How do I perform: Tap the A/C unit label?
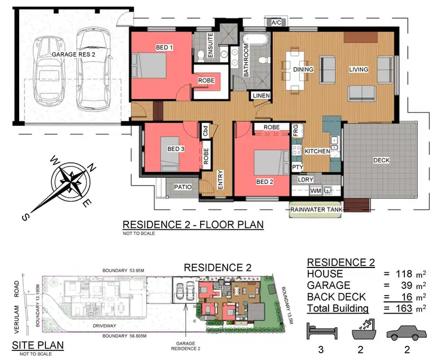[277, 23]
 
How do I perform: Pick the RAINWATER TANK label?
[316, 210]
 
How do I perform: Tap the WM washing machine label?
[315, 191]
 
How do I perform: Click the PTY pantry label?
[297, 167]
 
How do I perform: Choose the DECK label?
[382, 161]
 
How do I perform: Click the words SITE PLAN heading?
[38, 345]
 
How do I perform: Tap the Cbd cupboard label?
[205, 131]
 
